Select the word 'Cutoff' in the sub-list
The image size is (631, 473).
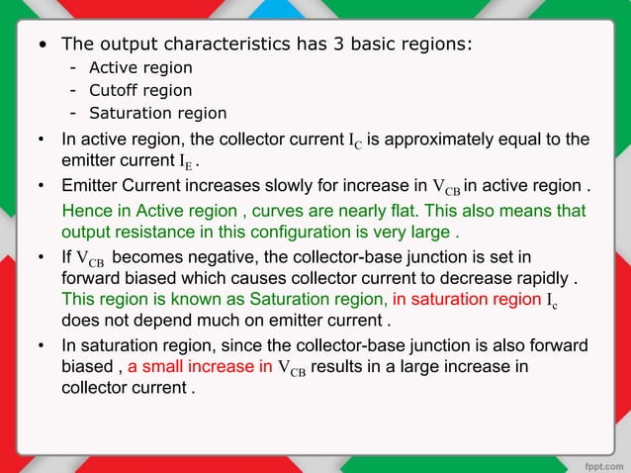click(114, 90)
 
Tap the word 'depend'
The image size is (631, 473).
click(164, 321)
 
